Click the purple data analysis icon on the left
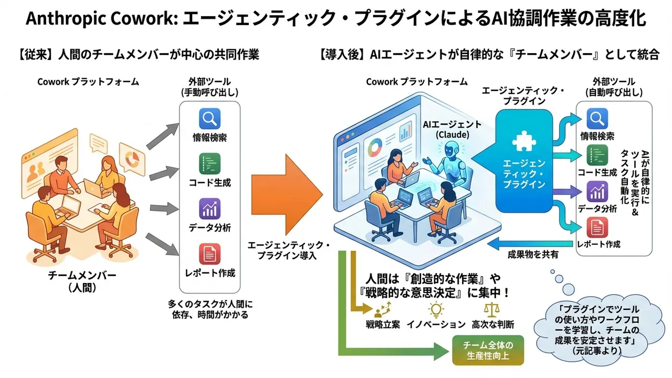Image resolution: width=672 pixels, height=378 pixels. (209, 209)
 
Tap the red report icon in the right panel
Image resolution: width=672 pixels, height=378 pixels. (597, 228)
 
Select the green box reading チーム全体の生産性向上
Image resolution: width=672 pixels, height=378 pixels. (487, 350)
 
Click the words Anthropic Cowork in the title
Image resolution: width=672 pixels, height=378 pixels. (100, 19)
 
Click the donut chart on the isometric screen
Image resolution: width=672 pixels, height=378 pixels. (375, 146)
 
